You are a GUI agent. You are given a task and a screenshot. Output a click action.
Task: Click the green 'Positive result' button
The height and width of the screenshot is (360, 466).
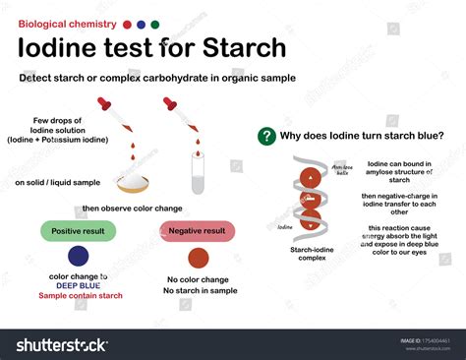78,231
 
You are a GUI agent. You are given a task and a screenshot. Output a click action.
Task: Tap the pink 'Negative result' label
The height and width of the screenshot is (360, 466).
199,231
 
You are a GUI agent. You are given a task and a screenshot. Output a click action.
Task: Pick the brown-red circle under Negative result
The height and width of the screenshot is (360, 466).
199,258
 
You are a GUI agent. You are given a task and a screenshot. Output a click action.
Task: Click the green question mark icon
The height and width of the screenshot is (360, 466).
264,137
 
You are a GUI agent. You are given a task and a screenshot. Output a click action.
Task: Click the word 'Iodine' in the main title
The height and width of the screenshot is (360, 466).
63,46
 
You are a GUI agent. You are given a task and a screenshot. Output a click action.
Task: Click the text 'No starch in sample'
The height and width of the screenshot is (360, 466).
199,290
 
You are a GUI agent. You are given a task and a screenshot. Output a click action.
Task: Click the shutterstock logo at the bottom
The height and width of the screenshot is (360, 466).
59,344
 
